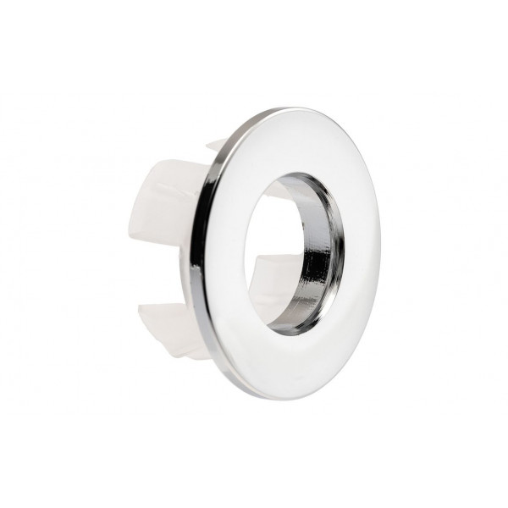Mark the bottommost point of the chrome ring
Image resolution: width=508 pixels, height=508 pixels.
pos(288,398)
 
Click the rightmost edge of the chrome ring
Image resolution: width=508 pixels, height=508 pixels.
pos(379,254)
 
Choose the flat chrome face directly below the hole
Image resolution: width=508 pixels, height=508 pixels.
pos(292,364)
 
